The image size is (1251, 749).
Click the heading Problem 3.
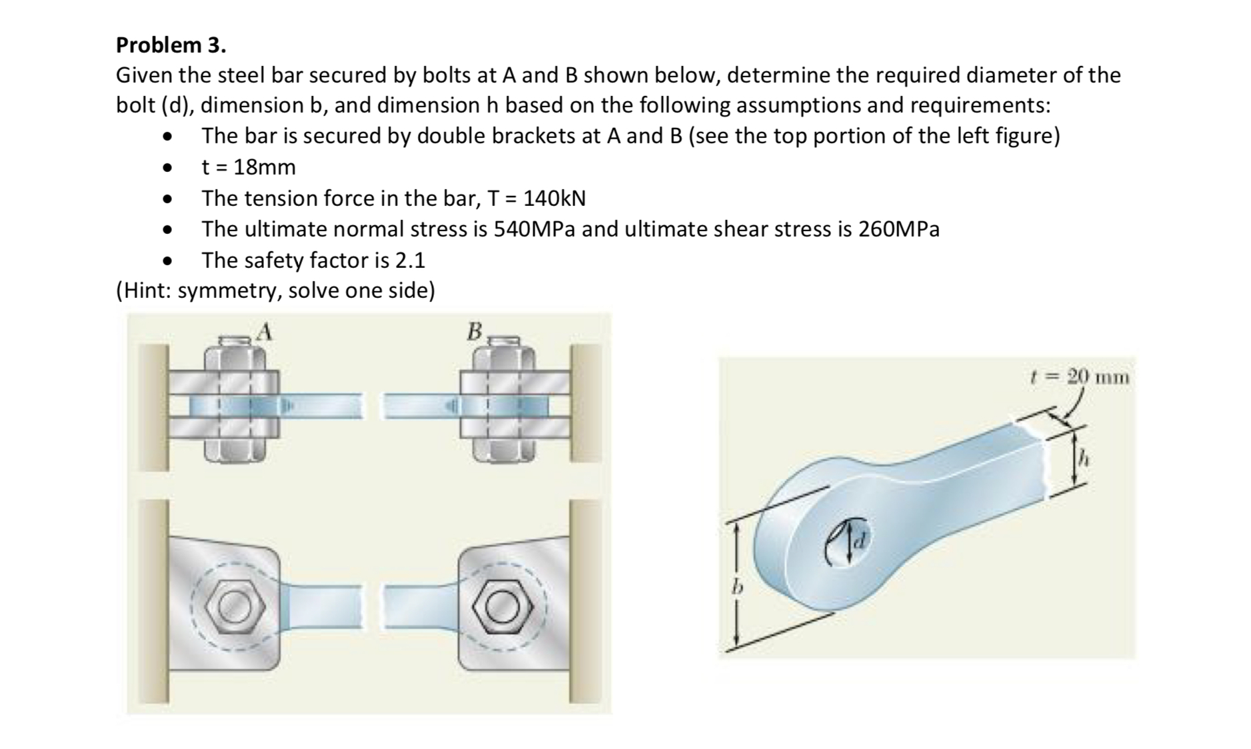(171, 45)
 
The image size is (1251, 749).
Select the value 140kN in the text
(555, 198)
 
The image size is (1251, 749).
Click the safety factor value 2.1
(409, 260)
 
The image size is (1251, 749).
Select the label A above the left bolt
(265, 331)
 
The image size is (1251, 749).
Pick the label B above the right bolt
(474, 331)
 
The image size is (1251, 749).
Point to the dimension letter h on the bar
(1085, 458)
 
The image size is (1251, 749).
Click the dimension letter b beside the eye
(736, 588)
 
